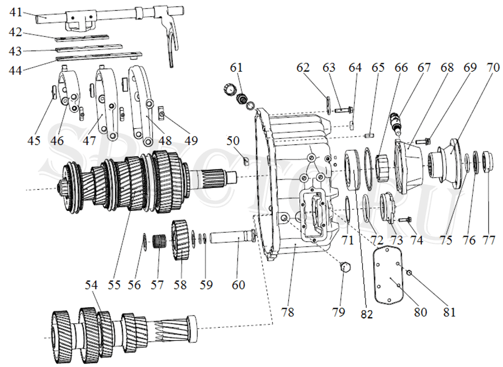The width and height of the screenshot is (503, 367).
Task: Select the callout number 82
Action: (x=366, y=314)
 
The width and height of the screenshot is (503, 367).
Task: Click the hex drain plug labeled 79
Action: (x=344, y=267)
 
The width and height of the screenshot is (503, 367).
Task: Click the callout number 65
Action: (x=378, y=68)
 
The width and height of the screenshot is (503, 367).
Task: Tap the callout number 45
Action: (x=34, y=140)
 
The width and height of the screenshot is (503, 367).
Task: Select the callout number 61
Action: (x=237, y=68)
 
